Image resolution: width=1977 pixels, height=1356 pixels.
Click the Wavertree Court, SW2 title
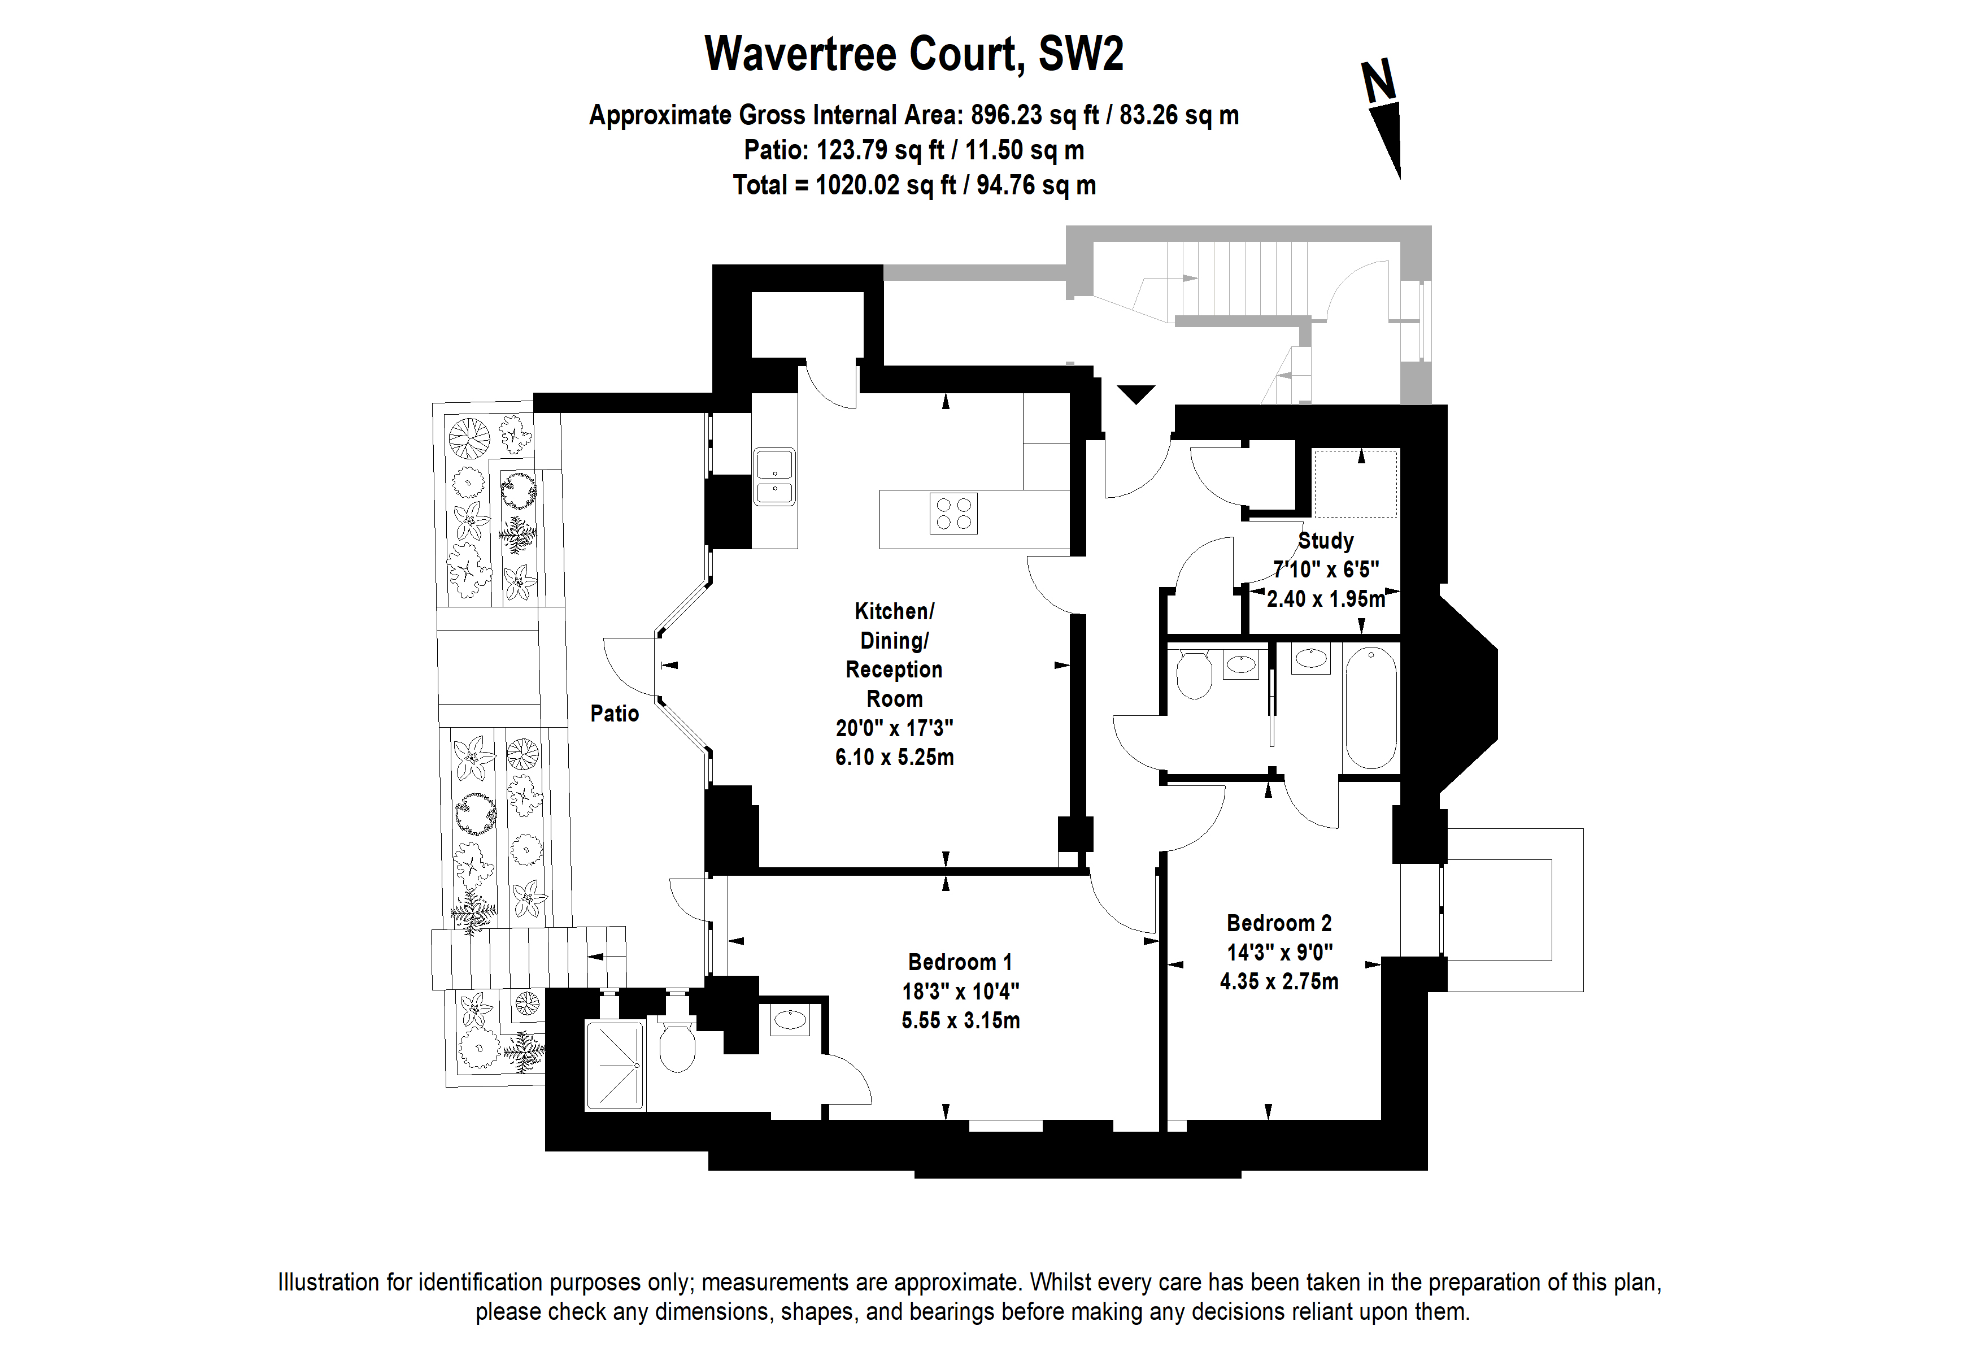913,54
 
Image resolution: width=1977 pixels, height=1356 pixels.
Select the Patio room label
614,713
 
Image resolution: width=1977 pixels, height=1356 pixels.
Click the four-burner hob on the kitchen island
953,514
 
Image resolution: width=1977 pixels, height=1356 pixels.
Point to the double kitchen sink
773,477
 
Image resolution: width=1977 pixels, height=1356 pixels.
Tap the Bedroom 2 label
1279,923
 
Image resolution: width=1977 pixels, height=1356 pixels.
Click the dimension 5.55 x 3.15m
960,1020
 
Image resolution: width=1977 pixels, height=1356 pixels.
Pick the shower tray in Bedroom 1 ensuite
614,1066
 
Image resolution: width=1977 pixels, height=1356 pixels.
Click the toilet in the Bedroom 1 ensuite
677,1046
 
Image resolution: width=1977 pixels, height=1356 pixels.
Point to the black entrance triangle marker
1136,394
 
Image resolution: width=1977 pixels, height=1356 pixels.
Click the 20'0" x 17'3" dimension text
894,728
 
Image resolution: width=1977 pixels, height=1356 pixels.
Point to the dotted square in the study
1355,483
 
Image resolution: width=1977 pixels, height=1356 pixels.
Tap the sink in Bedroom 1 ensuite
790,1019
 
